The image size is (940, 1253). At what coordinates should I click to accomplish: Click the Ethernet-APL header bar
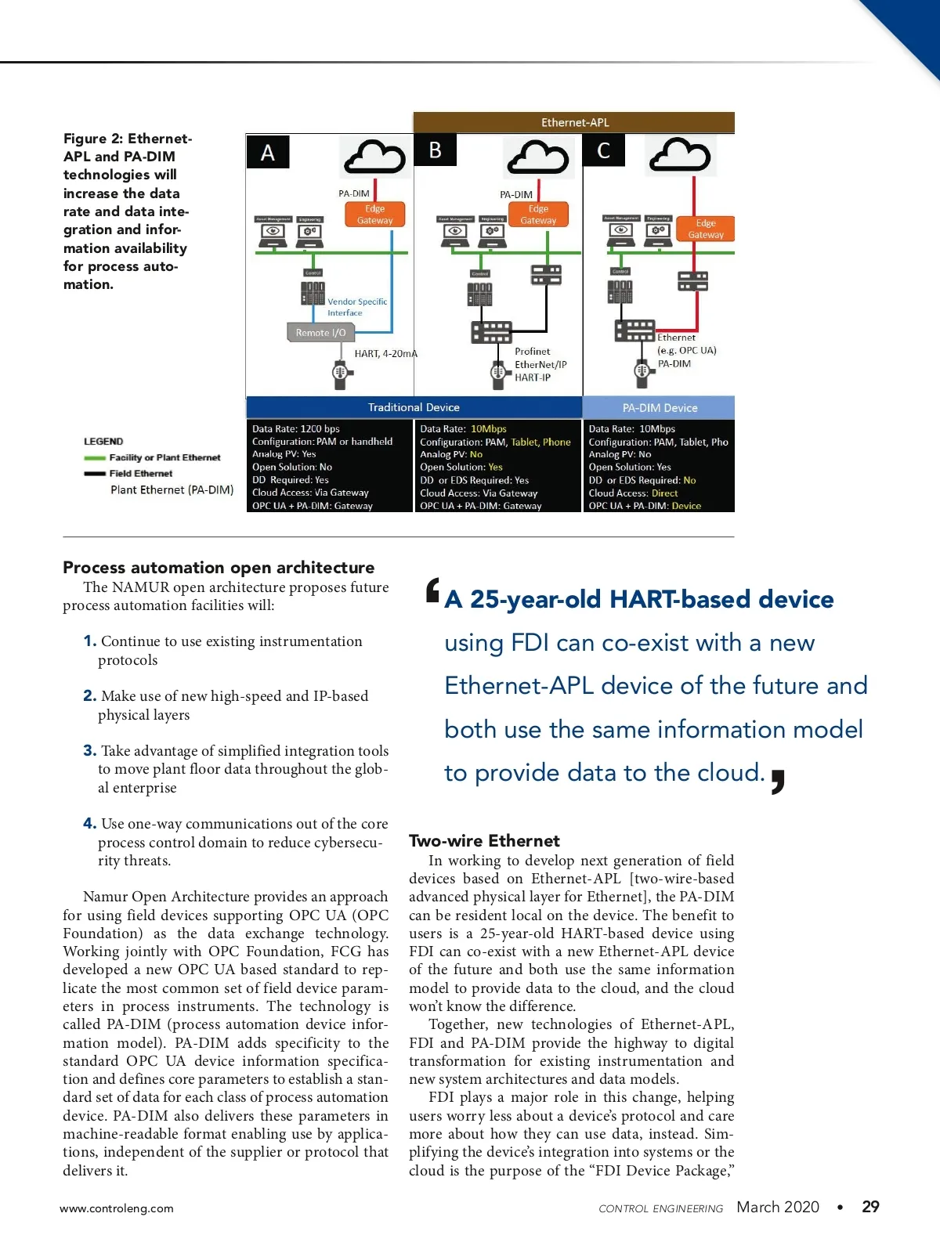coord(574,122)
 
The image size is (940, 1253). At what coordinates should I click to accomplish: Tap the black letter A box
coord(268,152)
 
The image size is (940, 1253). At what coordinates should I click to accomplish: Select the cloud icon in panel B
coord(537,157)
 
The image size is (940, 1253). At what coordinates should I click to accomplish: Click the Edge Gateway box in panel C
coord(706,229)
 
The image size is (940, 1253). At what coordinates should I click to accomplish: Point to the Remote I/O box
coord(320,333)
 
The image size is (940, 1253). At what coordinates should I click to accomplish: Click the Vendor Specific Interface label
coord(357,307)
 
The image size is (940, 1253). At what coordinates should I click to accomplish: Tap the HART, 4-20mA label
coord(385,354)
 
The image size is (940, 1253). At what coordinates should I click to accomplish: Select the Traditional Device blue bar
coord(414,407)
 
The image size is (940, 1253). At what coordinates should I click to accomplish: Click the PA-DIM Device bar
coord(660,407)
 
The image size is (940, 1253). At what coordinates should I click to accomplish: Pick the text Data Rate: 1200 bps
coord(296,429)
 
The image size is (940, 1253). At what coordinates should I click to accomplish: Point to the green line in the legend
coord(95,458)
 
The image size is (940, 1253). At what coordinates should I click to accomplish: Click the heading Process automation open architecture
coord(219,568)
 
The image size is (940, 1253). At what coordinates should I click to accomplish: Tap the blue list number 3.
coord(90,750)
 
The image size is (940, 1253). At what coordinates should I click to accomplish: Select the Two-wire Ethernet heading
coord(484,841)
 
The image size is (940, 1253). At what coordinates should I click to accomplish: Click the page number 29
coord(870,1207)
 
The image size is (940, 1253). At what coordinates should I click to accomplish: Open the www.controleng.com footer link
coord(117,1208)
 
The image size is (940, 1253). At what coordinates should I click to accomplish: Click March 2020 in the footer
coord(778,1207)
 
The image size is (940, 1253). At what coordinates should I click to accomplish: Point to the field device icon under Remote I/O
coord(340,374)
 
